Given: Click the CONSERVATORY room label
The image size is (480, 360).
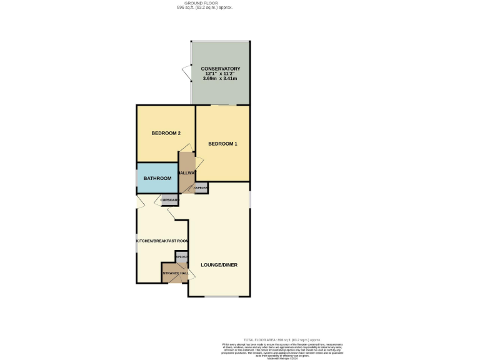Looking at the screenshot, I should tap(220, 68).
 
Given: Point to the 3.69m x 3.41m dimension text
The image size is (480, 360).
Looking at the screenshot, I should tap(220, 79).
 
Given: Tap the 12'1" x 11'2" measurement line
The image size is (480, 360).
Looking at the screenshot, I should tap(220, 74).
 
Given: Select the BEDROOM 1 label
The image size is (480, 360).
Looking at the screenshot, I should tap(222, 144).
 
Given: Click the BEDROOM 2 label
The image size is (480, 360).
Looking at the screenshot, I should tap(166, 133).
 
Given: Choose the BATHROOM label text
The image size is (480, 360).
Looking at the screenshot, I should tap(157, 178).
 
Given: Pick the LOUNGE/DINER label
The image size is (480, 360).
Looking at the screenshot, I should tap(219, 264).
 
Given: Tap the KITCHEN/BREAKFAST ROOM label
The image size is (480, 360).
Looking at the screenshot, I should tap(162, 241).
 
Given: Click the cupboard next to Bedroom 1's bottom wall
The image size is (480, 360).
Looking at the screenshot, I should tap(201, 187).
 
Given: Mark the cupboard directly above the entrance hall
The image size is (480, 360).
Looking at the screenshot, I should tap(181, 257).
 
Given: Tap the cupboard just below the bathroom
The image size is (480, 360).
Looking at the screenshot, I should tap(169, 200).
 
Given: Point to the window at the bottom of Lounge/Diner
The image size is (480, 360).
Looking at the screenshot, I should tap(220, 296).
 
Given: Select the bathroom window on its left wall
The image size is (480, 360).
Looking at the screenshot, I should tap(137, 178).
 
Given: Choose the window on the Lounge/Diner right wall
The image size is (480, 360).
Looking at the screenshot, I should tap(250, 198).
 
